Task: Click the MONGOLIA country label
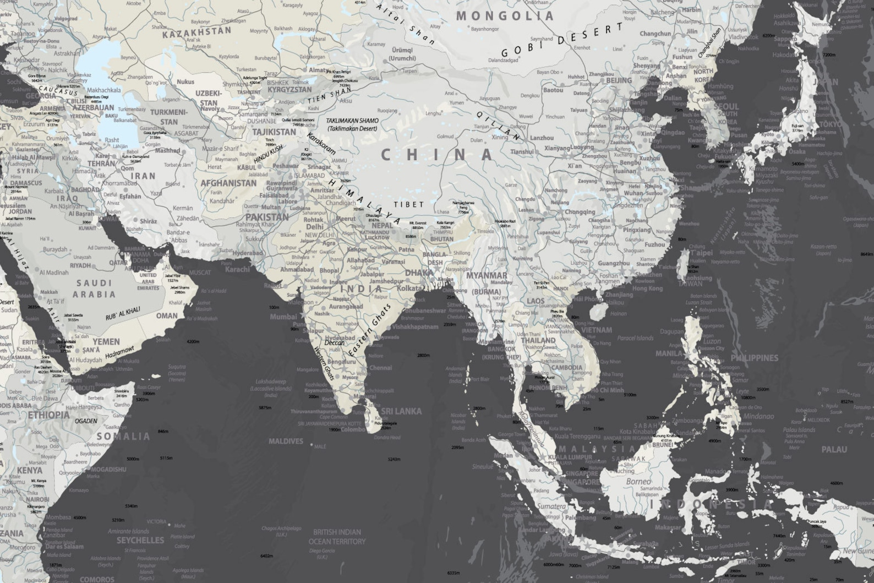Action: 504,15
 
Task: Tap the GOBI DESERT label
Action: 562,41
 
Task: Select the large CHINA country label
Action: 438,155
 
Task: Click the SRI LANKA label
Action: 401,411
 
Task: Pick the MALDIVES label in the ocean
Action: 286,441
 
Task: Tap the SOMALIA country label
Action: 121,436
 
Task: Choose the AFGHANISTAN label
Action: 228,183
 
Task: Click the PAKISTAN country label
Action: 267,217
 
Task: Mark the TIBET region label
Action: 409,204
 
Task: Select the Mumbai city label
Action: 283,317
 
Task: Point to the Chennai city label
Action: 381,368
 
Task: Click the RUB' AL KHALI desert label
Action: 123,314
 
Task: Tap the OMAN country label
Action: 167,316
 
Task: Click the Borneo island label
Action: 638,482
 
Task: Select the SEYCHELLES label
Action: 140,540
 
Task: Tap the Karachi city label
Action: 237,270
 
